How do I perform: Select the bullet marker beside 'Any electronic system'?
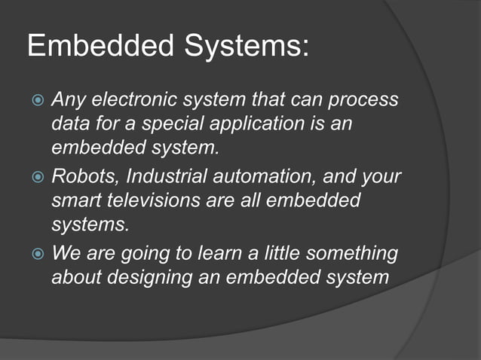click(x=36, y=100)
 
